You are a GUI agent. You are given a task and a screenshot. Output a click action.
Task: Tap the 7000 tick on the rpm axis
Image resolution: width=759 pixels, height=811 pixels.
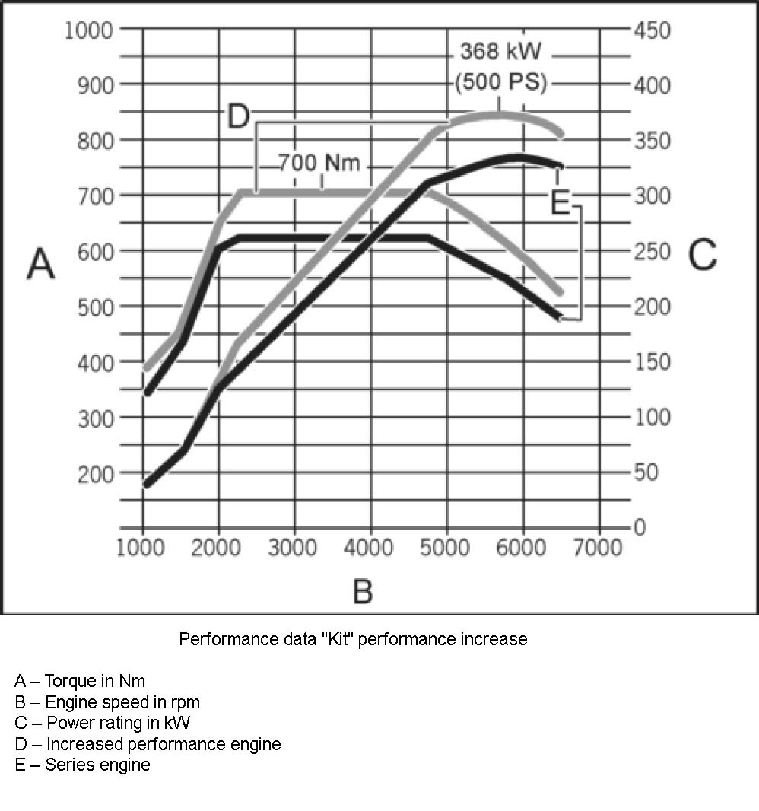coord(598,549)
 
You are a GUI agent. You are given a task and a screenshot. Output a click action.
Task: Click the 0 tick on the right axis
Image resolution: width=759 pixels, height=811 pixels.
coord(640,528)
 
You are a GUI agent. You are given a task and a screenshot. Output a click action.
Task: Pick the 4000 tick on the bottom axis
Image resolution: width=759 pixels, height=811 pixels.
coord(370,549)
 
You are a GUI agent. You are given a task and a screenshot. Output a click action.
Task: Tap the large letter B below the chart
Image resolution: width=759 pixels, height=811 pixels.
coord(363,590)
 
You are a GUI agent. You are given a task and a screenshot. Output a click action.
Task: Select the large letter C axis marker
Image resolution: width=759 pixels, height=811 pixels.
coord(702,255)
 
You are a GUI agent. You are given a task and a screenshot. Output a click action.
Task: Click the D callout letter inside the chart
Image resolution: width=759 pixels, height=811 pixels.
coord(239,117)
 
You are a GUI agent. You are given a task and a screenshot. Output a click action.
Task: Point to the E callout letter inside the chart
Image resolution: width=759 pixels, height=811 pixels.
coord(560,202)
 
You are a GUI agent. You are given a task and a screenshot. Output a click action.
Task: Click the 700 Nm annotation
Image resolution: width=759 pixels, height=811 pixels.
coord(318,163)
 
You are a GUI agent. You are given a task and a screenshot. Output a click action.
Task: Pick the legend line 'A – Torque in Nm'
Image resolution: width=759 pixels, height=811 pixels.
coord(80,680)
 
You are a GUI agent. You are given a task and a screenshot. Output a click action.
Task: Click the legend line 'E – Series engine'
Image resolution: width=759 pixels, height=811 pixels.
coord(82,765)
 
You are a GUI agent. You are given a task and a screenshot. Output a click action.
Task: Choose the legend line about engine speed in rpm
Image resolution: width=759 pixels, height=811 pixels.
coord(107,701)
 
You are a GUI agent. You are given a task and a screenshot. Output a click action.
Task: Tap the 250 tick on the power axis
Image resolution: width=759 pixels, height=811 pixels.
coord(654,252)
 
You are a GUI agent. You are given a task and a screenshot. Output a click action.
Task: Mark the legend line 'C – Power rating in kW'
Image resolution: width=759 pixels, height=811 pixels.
coord(102,723)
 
